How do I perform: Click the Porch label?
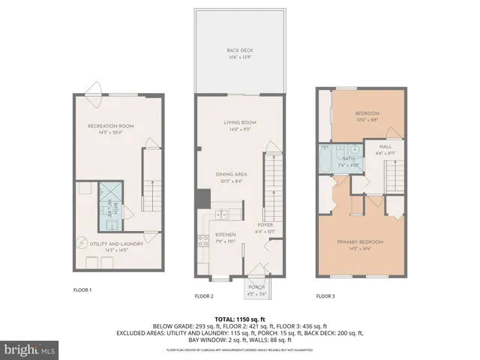257,286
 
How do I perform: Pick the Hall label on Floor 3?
385,147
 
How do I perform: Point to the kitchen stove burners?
202,241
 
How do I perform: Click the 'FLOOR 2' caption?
205,296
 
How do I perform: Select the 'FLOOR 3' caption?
325,296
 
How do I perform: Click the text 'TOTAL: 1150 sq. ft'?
239,319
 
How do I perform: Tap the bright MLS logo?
30,349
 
